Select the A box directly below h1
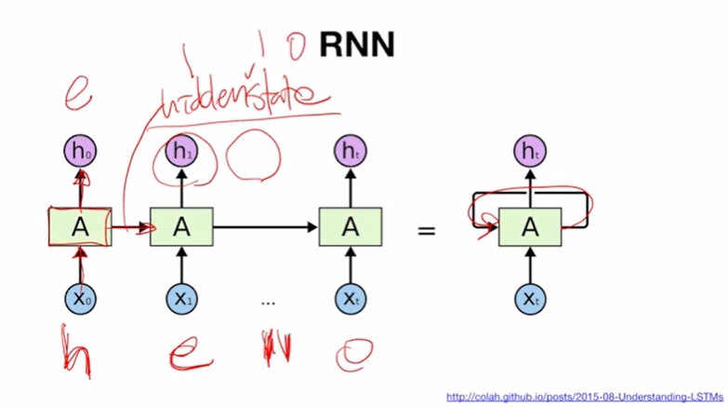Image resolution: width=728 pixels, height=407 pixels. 181,226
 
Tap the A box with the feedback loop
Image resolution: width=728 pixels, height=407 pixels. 530,226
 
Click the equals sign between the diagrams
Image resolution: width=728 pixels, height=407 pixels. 427,227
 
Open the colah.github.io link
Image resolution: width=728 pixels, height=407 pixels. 583,397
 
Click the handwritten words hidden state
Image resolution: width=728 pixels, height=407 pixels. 245,98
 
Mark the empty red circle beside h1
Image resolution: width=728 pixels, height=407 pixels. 245,157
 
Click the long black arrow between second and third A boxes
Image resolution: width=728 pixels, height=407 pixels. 266,226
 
